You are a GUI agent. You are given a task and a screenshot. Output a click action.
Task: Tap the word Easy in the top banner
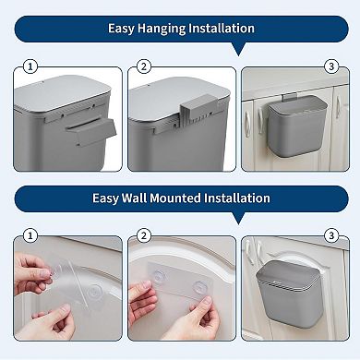coord(121,29)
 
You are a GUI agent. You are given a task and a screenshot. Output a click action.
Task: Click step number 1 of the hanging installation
coord(30,66)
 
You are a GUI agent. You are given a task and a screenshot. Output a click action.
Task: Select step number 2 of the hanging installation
coord(143,66)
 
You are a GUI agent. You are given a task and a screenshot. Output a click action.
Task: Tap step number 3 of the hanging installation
coord(330,66)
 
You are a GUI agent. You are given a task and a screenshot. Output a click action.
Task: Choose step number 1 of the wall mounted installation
coord(30,235)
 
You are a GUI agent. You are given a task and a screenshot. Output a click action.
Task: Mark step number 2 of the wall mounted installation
coord(143,235)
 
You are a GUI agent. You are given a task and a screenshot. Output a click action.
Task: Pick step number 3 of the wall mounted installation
coord(330,235)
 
